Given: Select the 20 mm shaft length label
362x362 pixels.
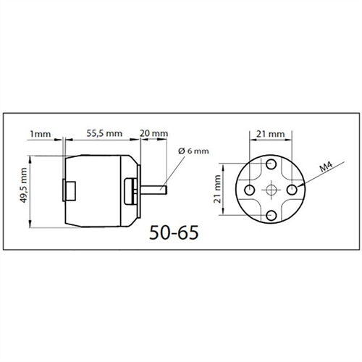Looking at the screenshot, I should [x=154, y=134].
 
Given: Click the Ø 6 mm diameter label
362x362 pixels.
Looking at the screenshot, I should [x=193, y=151].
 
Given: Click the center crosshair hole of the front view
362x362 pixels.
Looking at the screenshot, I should [x=271, y=189].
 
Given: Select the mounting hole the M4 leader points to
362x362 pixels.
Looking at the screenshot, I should [x=292, y=188].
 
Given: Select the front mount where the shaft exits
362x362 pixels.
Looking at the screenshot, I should [x=132, y=190].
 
